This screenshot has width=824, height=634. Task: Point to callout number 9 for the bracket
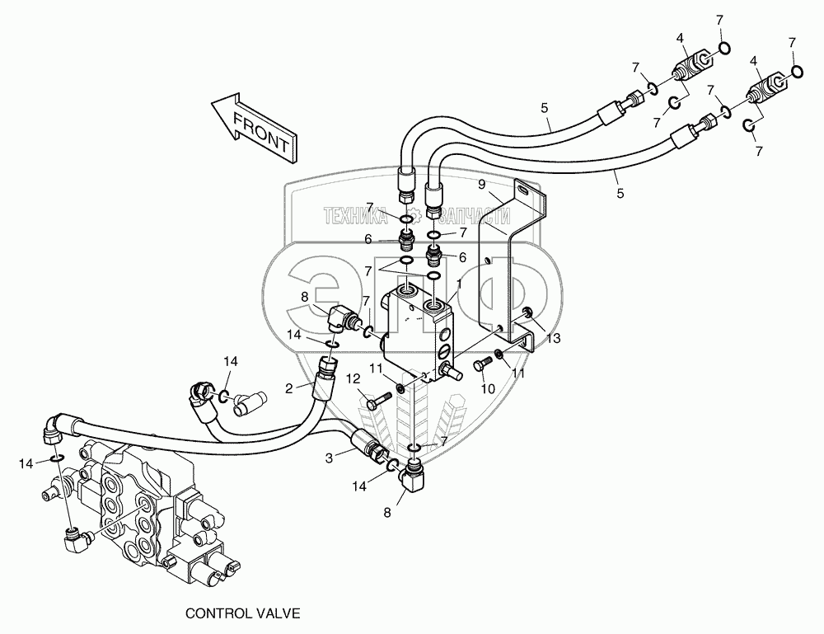[x=481, y=186]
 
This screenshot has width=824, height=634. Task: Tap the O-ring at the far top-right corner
[x=798, y=73]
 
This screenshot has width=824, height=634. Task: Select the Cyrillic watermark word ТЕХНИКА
[x=357, y=216]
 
